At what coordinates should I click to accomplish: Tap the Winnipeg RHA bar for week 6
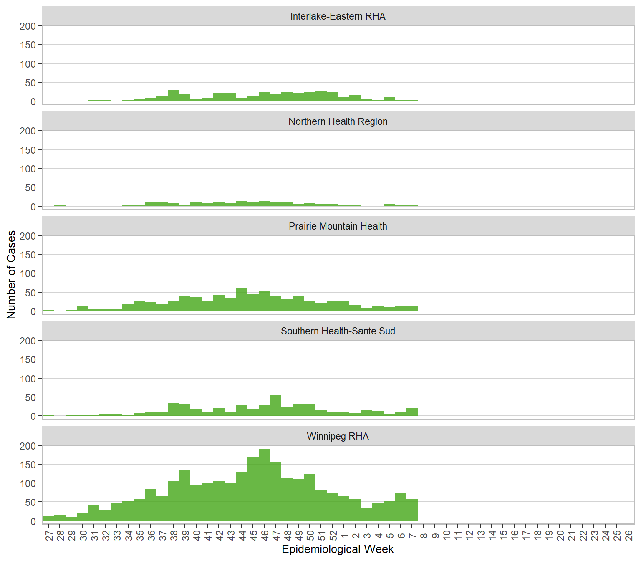(x=401, y=507)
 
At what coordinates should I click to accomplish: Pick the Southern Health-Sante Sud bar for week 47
(x=275, y=406)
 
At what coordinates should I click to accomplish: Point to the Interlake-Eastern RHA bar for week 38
(x=173, y=96)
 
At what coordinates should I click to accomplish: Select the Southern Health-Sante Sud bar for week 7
(x=412, y=412)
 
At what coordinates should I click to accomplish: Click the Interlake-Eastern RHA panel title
(x=338, y=16)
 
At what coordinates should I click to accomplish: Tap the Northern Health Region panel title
(x=338, y=121)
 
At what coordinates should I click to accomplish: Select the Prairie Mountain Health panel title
(x=338, y=226)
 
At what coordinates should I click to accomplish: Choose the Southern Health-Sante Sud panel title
(x=338, y=331)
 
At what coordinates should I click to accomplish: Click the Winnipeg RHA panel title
(x=338, y=436)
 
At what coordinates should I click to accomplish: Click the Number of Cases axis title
(x=11, y=274)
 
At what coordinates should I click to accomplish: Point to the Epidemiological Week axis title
(x=338, y=549)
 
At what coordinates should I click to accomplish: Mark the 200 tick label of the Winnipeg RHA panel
(x=28, y=446)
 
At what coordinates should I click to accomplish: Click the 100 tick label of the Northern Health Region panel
(x=28, y=169)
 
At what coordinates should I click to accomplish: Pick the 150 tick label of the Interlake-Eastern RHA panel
(x=28, y=45)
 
